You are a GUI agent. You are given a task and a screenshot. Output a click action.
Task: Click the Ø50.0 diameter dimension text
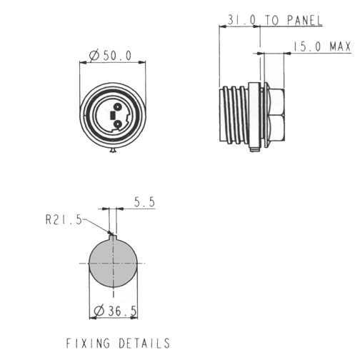pyautogui.click(x=110, y=56)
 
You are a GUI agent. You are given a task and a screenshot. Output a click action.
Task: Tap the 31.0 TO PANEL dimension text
pyautogui.click(x=275, y=20)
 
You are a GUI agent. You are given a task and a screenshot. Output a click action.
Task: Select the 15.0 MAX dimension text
pyautogui.click(x=322, y=46)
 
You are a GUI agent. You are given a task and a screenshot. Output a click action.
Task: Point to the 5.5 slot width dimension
pyautogui.click(x=144, y=202)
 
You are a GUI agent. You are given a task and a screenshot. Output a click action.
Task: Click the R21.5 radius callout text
pyautogui.click(x=64, y=220)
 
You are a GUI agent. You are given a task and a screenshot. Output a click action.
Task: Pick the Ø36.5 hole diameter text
pyautogui.click(x=116, y=311)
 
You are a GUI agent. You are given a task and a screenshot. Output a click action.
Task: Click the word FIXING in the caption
pyautogui.click(x=88, y=343)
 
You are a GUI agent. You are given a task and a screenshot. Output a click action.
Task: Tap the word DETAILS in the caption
pyautogui.click(x=144, y=343)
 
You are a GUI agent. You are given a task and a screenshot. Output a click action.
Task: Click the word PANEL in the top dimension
pyautogui.click(x=305, y=20)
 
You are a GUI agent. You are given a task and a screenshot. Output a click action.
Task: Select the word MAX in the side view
pyautogui.click(x=340, y=46)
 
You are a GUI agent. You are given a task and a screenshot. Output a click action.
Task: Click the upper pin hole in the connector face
pyautogui.click(x=117, y=107)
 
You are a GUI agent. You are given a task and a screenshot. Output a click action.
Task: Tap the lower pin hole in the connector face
pyautogui.click(x=117, y=124)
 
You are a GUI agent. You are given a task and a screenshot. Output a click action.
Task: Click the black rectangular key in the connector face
pyautogui.click(x=112, y=116)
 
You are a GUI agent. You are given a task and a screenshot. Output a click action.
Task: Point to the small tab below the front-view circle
pyautogui.click(x=113, y=150)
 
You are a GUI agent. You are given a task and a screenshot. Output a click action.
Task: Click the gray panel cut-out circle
pyautogui.click(x=113, y=263)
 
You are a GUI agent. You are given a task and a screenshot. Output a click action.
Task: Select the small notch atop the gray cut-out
pyautogui.click(x=113, y=237)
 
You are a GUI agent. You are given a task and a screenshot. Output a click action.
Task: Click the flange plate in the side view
pyautogui.click(x=254, y=115)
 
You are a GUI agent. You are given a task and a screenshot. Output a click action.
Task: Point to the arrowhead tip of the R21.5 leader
pyautogui.click(x=111, y=234)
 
